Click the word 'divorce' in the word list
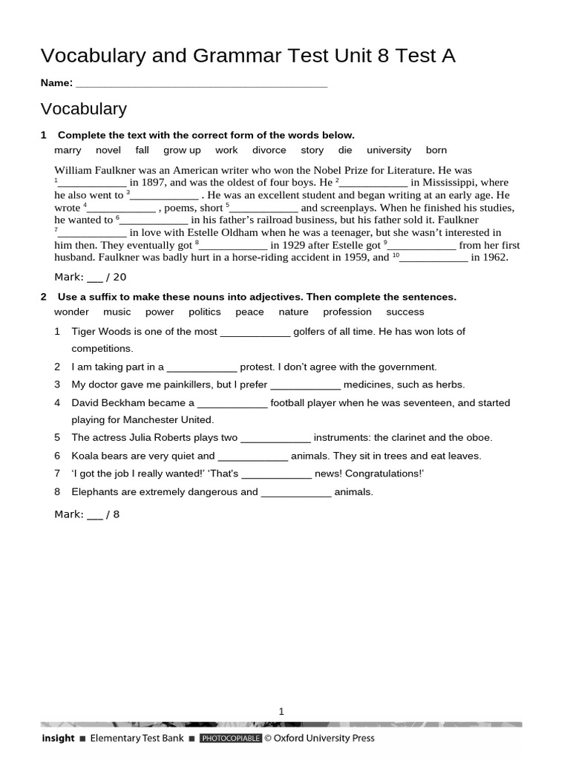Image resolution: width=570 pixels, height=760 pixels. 269,150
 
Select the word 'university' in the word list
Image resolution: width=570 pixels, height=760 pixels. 388,150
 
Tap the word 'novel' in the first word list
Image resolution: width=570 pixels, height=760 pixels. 108,150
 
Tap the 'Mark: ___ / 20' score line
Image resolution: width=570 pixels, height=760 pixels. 91,277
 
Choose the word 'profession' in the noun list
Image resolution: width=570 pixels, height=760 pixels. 347,312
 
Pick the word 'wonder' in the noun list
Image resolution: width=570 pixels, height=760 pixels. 71,312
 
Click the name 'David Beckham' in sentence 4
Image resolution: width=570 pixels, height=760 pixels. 106,403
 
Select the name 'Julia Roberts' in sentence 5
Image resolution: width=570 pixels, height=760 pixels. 163,438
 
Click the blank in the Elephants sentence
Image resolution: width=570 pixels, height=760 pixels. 296,492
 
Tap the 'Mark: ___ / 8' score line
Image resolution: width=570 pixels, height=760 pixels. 87,514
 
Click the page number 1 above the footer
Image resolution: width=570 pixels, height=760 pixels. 281,711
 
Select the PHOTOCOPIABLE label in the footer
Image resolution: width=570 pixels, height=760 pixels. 230,738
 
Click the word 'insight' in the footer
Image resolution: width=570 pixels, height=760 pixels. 58,738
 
